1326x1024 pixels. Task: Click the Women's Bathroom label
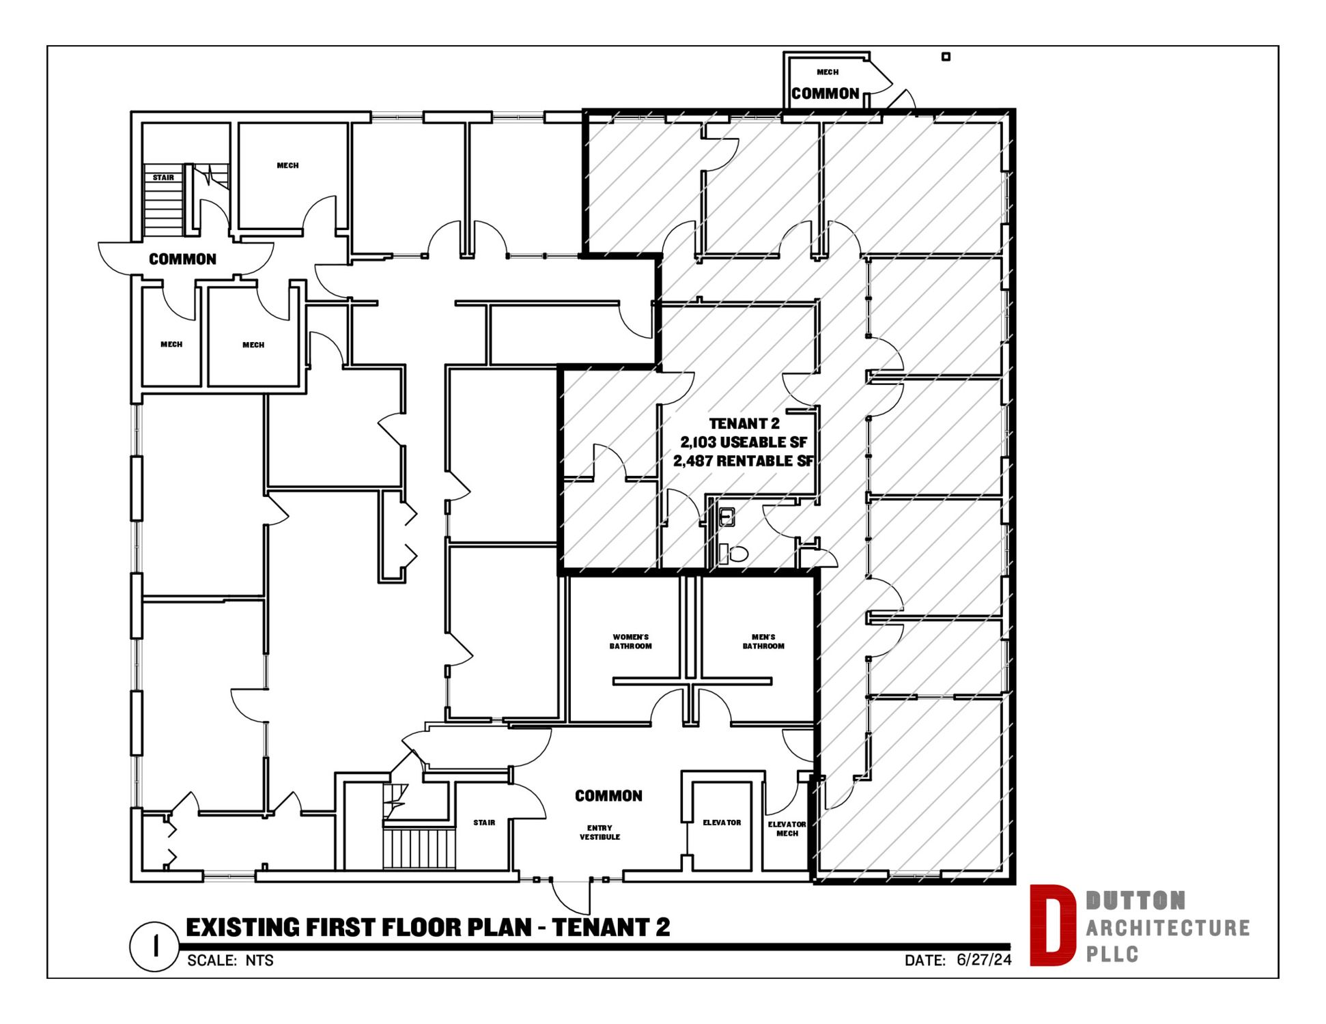click(x=630, y=641)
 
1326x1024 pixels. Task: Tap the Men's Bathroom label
click(x=763, y=641)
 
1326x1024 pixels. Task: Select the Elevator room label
click(x=722, y=823)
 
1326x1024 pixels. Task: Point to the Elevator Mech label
click(x=787, y=829)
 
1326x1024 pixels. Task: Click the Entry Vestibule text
click(x=599, y=832)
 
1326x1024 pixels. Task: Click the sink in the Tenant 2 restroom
click(x=727, y=517)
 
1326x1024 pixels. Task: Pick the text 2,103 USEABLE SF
click(x=744, y=442)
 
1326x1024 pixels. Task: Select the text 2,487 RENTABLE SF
click(x=744, y=461)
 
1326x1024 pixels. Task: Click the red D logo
click(x=1052, y=925)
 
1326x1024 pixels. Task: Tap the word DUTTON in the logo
click(x=1135, y=900)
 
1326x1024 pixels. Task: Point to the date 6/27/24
click(x=984, y=960)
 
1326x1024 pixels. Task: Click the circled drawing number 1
click(x=155, y=946)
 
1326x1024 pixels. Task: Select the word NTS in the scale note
click(x=259, y=961)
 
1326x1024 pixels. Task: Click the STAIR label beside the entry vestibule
click(x=484, y=823)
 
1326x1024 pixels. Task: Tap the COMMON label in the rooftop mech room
click(x=825, y=94)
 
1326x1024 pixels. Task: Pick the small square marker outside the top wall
click(x=946, y=57)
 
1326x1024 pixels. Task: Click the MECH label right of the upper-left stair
click(x=287, y=165)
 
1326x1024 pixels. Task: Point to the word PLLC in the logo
click(x=1112, y=954)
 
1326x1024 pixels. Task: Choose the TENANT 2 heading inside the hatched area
click(x=744, y=424)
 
